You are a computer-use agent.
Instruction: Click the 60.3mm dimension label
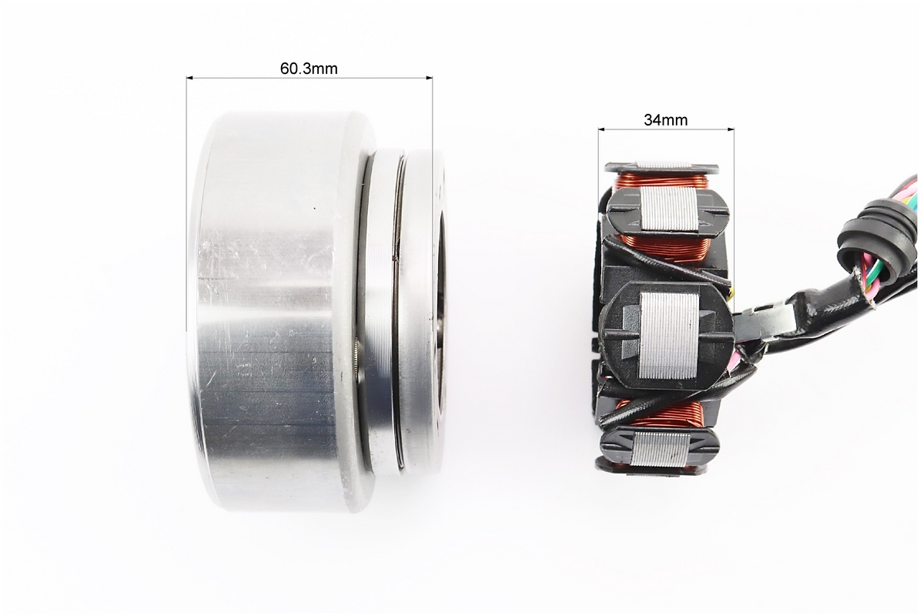(309, 69)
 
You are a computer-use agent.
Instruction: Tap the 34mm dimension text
(665, 120)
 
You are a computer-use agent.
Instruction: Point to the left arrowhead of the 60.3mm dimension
(191, 77)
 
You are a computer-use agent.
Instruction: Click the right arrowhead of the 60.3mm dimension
(428, 77)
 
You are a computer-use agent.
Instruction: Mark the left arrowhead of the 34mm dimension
(603, 129)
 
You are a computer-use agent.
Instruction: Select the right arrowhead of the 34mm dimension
(730, 129)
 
